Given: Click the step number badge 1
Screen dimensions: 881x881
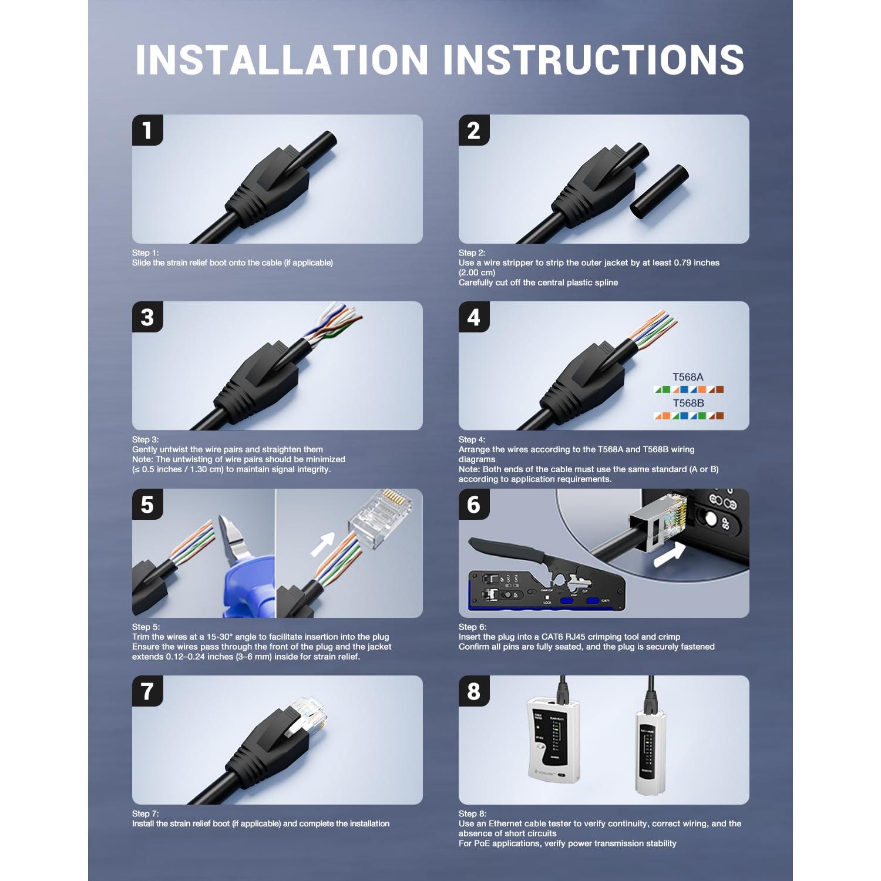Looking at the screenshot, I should (x=147, y=130).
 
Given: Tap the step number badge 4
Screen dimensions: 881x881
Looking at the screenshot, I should (x=473, y=317).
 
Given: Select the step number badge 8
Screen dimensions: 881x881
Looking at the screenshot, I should (x=473, y=691).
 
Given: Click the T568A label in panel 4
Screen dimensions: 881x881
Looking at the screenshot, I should (x=688, y=377).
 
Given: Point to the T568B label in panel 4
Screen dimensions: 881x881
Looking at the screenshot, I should (x=688, y=403).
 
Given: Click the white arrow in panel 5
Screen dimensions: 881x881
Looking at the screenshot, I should (x=322, y=544).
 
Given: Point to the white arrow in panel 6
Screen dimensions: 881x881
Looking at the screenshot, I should (x=670, y=554).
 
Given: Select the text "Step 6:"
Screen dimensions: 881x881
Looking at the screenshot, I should (x=472, y=627).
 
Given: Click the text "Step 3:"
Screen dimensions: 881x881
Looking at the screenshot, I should (x=145, y=439).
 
